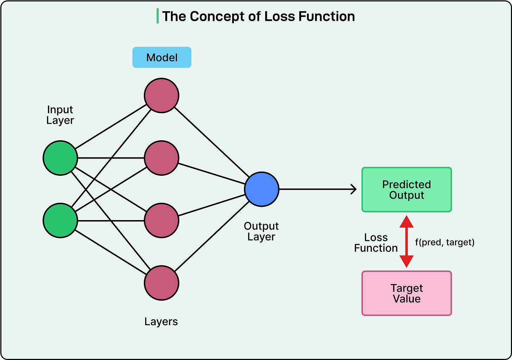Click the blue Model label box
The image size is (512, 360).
(x=162, y=57)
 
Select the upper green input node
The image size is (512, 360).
(x=60, y=158)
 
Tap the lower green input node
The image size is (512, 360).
(x=60, y=220)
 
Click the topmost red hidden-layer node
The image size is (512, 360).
(x=162, y=96)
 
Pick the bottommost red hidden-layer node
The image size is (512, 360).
(x=162, y=283)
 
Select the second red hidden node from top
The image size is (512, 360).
(x=162, y=158)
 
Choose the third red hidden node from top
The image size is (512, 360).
(x=162, y=220)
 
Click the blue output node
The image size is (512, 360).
(x=262, y=189)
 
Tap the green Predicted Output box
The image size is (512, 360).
(x=407, y=189)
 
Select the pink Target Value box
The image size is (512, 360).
(x=407, y=293)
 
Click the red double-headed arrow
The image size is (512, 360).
(x=407, y=242)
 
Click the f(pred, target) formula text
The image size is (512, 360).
(x=445, y=242)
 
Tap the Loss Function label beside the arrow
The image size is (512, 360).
(x=376, y=243)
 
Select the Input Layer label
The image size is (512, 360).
(x=60, y=115)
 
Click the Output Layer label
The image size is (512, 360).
(x=261, y=231)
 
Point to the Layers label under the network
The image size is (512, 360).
(x=161, y=322)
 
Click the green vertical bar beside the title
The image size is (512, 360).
(x=158, y=16)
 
